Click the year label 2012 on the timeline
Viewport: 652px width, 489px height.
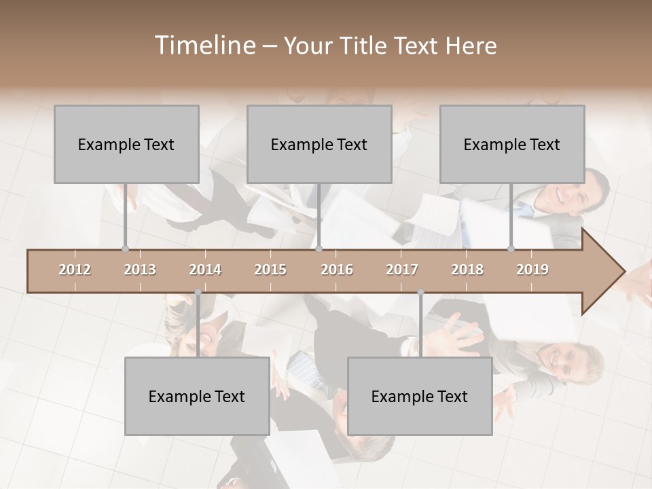[75, 270]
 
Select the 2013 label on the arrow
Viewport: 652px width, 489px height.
[140, 270]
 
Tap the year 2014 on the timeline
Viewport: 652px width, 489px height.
[205, 270]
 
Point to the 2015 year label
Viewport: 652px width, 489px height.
[270, 270]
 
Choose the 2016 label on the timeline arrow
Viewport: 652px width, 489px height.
[337, 270]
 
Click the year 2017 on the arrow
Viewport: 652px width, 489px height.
[402, 270]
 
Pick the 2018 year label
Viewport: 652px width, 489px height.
[467, 270]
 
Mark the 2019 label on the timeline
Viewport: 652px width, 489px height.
[532, 270]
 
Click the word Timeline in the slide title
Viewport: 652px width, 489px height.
[204, 46]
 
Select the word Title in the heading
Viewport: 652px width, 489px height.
[364, 46]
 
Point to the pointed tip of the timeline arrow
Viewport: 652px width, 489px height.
[623, 272]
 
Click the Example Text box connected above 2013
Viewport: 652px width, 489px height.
[126, 144]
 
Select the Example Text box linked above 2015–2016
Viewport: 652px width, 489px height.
[319, 144]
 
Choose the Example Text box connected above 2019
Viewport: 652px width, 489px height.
[512, 144]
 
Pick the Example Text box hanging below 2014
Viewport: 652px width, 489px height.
[197, 396]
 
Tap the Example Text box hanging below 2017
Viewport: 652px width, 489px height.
[420, 396]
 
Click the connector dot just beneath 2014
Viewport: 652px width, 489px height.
[198, 293]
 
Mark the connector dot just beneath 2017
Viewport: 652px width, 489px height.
[420, 293]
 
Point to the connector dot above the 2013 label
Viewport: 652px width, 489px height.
[125, 249]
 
